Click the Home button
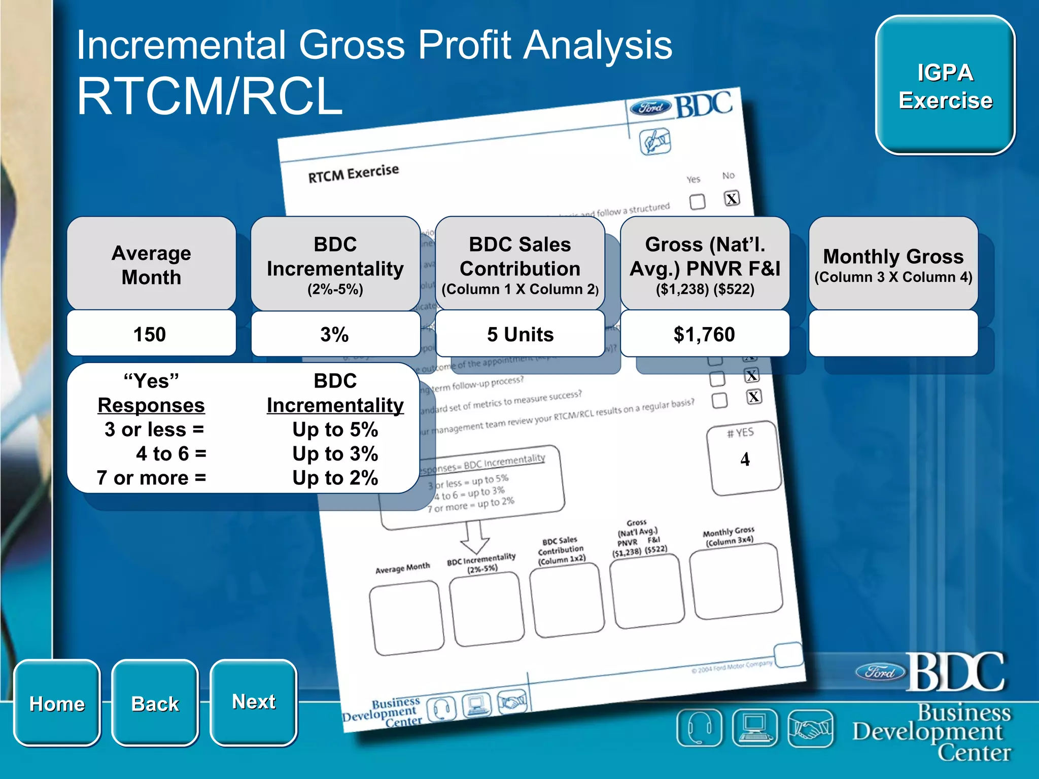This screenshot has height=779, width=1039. point(57,703)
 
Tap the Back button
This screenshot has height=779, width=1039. point(155,703)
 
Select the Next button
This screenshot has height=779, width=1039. point(253,702)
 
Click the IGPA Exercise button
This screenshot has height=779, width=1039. point(945,86)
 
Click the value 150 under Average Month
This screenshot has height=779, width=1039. point(150,334)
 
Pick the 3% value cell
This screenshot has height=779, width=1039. point(335,334)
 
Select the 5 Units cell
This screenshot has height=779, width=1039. point(520,334)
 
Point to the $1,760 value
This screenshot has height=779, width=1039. point(704,334)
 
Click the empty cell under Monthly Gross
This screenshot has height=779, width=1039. point(893,334)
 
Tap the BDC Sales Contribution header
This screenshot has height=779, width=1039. point(520,264)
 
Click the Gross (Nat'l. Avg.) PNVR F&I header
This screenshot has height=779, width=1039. point(704,264)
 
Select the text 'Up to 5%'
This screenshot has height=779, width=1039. point(335,430)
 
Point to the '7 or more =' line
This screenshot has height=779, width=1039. point(151,478)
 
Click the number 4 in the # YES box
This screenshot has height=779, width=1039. point(745,459)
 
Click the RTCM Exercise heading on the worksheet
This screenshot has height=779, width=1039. point(353,173)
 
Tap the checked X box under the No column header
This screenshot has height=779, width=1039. point(732,198)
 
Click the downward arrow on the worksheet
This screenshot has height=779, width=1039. point(475,538)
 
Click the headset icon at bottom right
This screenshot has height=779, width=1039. point(699,729)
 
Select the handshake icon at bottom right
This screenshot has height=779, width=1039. point(810,729)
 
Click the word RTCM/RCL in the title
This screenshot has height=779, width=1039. point(210,96)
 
